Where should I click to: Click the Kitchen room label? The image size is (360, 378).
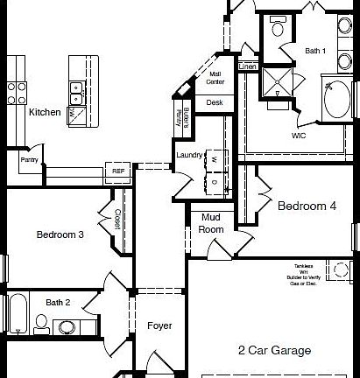(x=45, y=112)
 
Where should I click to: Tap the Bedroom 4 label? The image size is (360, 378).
(x=307, y=207)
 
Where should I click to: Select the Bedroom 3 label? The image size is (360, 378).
(x=60, y=234)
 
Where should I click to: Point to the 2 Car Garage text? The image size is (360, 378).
(x=274, y=351)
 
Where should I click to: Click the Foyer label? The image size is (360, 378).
(x=159, y=326)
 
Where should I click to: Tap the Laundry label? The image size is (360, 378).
(x=189, y=155)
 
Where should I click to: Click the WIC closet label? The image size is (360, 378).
(x=300, y=136)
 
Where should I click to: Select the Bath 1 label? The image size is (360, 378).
(x=315, y=52)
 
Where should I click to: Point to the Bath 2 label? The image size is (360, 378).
(x=58, y=302)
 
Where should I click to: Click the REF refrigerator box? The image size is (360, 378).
(x=117, y=171)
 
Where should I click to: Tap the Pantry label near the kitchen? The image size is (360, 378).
(x=30, y=160)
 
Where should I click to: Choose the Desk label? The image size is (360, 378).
(x=215, y=102)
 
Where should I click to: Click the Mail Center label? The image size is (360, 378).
(x=215, y=79)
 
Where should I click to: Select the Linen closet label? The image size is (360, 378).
(x=247, y=66)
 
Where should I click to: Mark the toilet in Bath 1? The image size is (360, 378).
(x=278, y=27)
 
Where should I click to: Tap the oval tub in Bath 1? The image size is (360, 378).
(x=337, y=102)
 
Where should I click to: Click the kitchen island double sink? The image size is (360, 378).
(x=78, y=87)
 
